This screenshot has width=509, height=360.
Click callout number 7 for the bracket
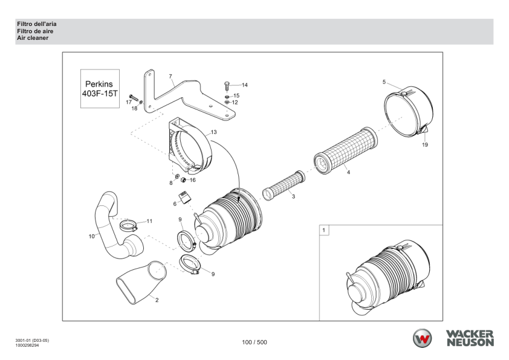click(x=170, y=77)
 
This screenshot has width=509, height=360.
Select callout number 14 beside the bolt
click(x=245, y=85)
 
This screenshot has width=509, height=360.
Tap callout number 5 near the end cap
click(x=384, y=81)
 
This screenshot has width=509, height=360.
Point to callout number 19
click(x=425, y=144)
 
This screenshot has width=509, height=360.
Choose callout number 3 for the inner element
click(x=293, y=197)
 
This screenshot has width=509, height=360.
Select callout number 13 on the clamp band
click(x=213, y=132)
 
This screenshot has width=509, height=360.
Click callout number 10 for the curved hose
click(x=92, y=236)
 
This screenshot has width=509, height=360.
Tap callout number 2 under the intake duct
click(x=157, y=300)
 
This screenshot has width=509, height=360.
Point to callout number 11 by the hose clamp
click(x=149, y=221)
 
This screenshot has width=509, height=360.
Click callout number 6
click(x=175, y=204)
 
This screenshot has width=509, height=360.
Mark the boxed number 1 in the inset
click(x=325, y=230)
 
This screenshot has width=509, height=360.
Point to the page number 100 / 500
click(x=254, y=342)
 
